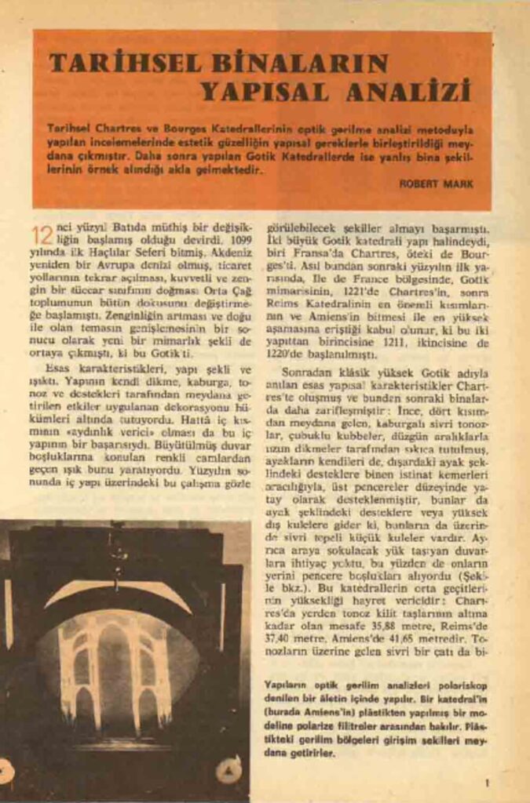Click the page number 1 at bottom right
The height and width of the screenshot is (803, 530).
[488, 781]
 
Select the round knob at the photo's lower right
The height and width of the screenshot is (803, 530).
[228, 772]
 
